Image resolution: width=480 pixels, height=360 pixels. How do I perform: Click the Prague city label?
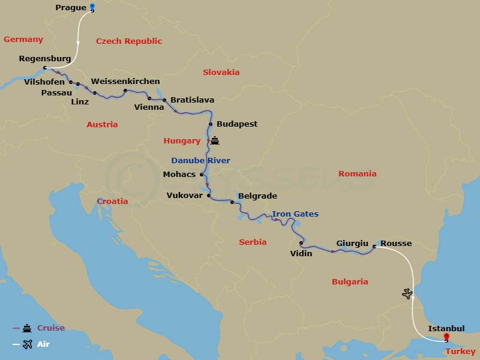coord(70,8)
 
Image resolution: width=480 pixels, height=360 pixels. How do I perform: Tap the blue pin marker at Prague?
coord(92,8)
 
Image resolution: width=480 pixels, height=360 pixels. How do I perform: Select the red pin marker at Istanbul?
coord(446,338)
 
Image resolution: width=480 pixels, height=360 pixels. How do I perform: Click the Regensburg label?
coord(45,59)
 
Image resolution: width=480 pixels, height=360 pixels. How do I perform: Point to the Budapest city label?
coord(237,124)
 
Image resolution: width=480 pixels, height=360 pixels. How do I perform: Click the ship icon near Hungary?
coord(215,142)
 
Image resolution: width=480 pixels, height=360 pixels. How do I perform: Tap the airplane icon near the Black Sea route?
coord(407,293)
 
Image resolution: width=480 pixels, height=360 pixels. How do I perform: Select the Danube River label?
coord(200,161)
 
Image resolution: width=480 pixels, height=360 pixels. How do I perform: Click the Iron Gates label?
coord(295,214)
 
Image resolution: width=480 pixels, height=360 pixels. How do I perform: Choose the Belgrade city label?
coord(257,196)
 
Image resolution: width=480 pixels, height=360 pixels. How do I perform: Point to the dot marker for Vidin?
coord(301,243)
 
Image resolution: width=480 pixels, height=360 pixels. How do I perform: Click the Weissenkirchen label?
coord(125,82)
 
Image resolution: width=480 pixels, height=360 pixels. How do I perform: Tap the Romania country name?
coord(357,174)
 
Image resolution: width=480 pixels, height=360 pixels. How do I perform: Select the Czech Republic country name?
coord(129,41)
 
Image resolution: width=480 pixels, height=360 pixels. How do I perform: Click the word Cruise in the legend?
coord(51,328)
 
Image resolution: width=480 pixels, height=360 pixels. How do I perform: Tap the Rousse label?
coord(396,244)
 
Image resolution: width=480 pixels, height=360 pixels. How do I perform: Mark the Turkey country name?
coord(461,352)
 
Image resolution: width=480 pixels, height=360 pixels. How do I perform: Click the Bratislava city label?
coord(193,100)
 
